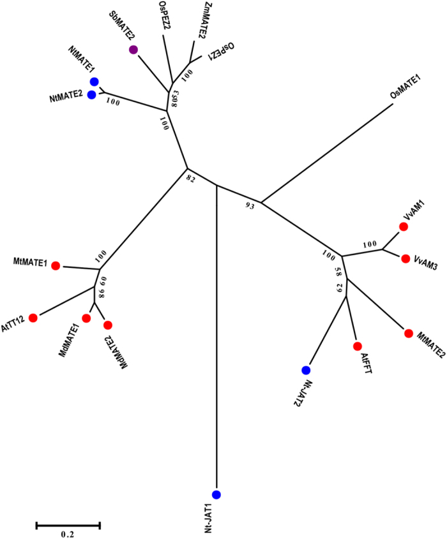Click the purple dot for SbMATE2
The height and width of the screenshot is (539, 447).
pyautogui.click(x=133, y=50)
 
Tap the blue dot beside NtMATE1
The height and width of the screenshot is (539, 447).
pyautogui.click(x=95, y=81)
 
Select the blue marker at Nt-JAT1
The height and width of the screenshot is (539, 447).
pyautogui.click(x=216, y=494)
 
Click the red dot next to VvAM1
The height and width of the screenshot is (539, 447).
pyautogui.click(x=404, y=226)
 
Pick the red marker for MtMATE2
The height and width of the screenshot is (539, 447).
pyautogui.click(x=408, y=332)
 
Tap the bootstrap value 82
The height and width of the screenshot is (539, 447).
pyautogui.click(x=190, y=180)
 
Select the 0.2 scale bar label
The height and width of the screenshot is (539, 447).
pyautogui.click(x=68, y=535)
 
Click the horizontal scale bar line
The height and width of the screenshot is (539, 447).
pyautogui.click(x=68, y=525)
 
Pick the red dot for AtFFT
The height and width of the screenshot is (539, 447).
pyautogui.click(x=357, y=346)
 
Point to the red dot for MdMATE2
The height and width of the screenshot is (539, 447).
pyautogui.click(x=107, y=325)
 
